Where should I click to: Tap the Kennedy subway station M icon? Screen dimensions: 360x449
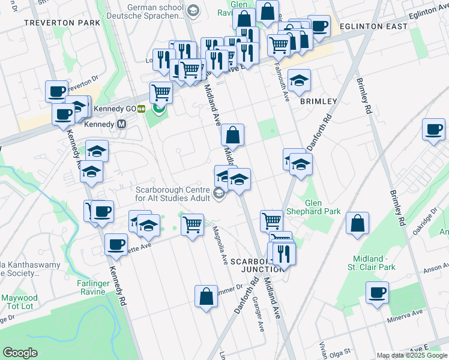click(x=122, y=124)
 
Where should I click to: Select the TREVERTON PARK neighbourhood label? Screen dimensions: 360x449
click(x=62, y=23)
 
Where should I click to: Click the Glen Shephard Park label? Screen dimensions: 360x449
click(x=322, y=207)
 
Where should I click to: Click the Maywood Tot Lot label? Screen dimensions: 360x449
click(x=19, y=302)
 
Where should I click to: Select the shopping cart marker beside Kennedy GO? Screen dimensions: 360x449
click(x=161, y=92)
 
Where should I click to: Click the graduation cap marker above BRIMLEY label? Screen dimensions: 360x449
click(x=299, y=79)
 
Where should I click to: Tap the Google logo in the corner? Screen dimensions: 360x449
click(x=20, y=353)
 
